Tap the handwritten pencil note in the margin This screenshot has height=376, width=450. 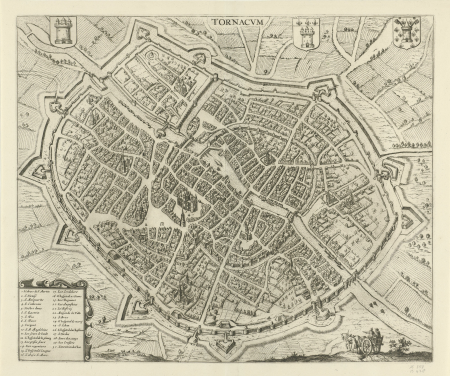(x=437, y=346)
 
